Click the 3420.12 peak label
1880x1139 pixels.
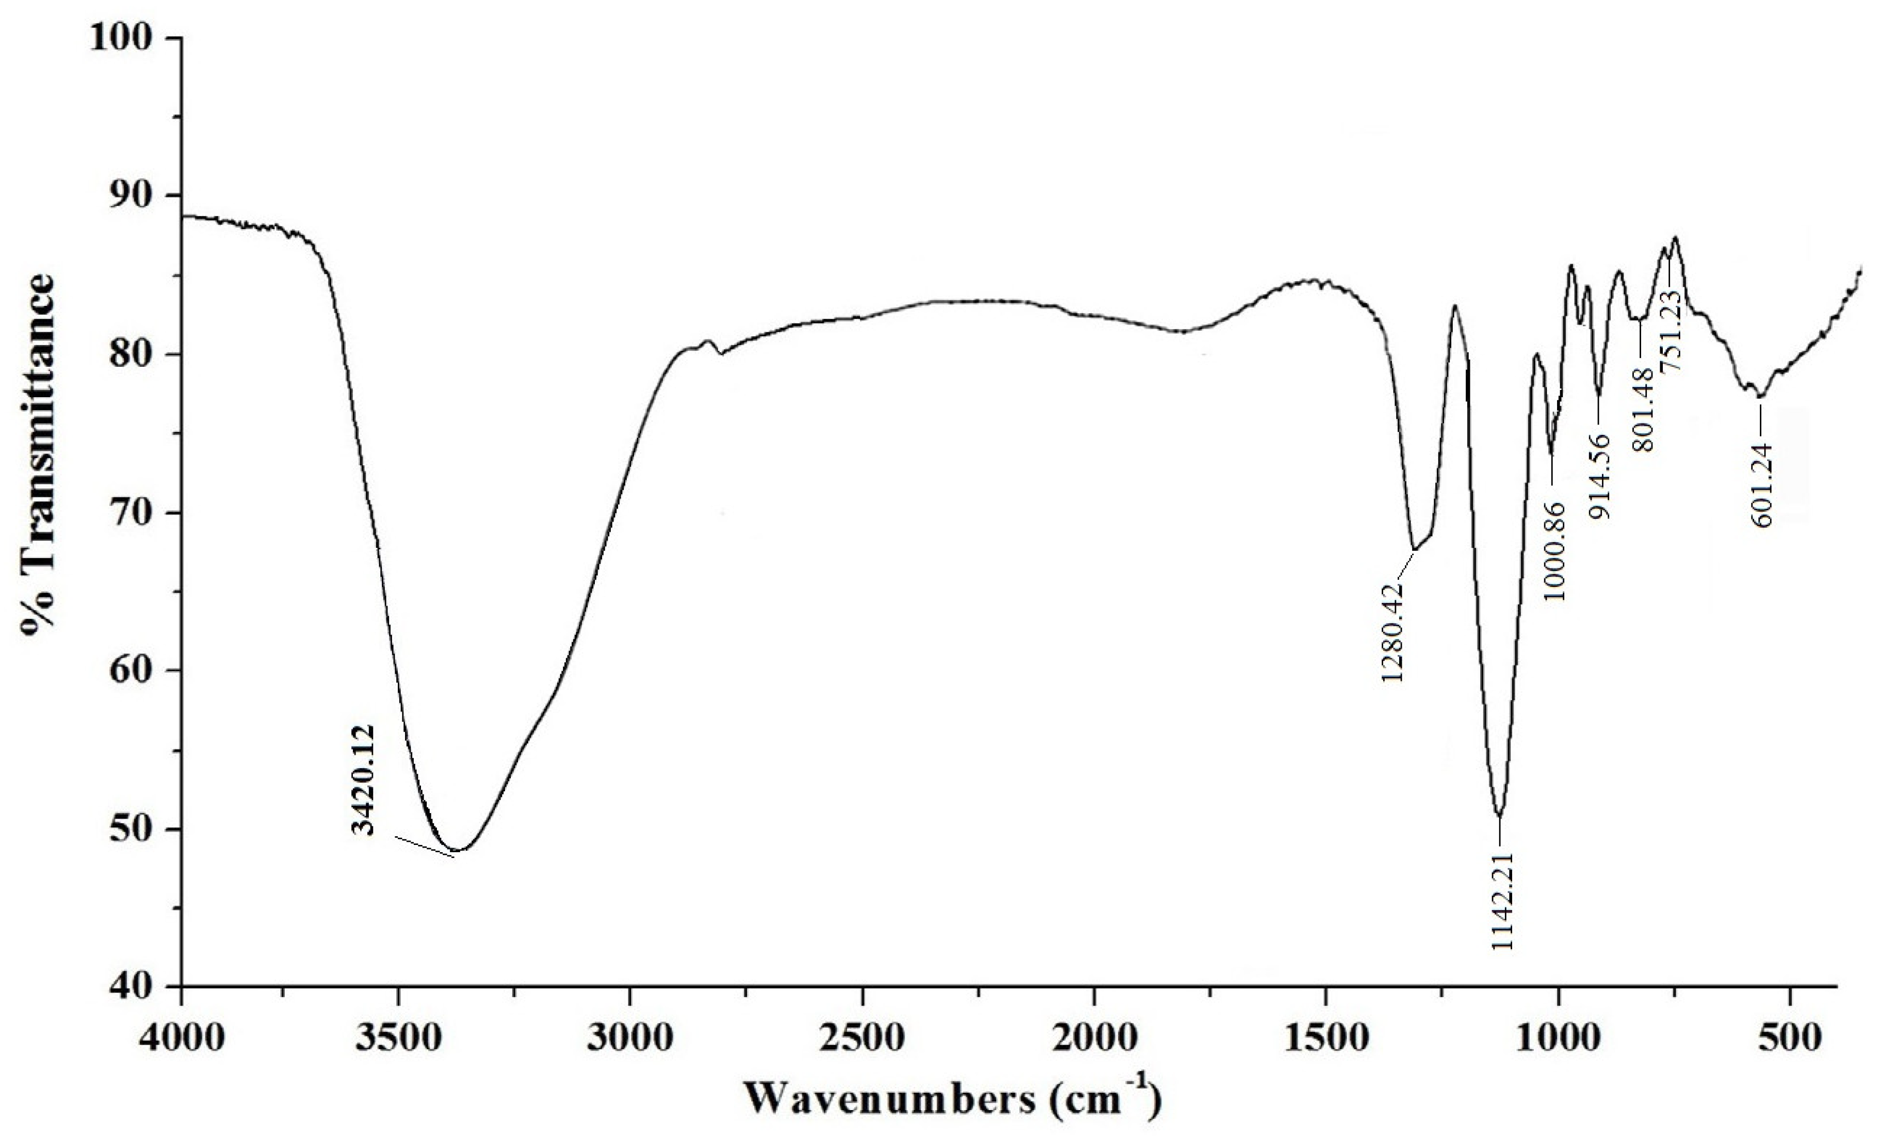(365, 781)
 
